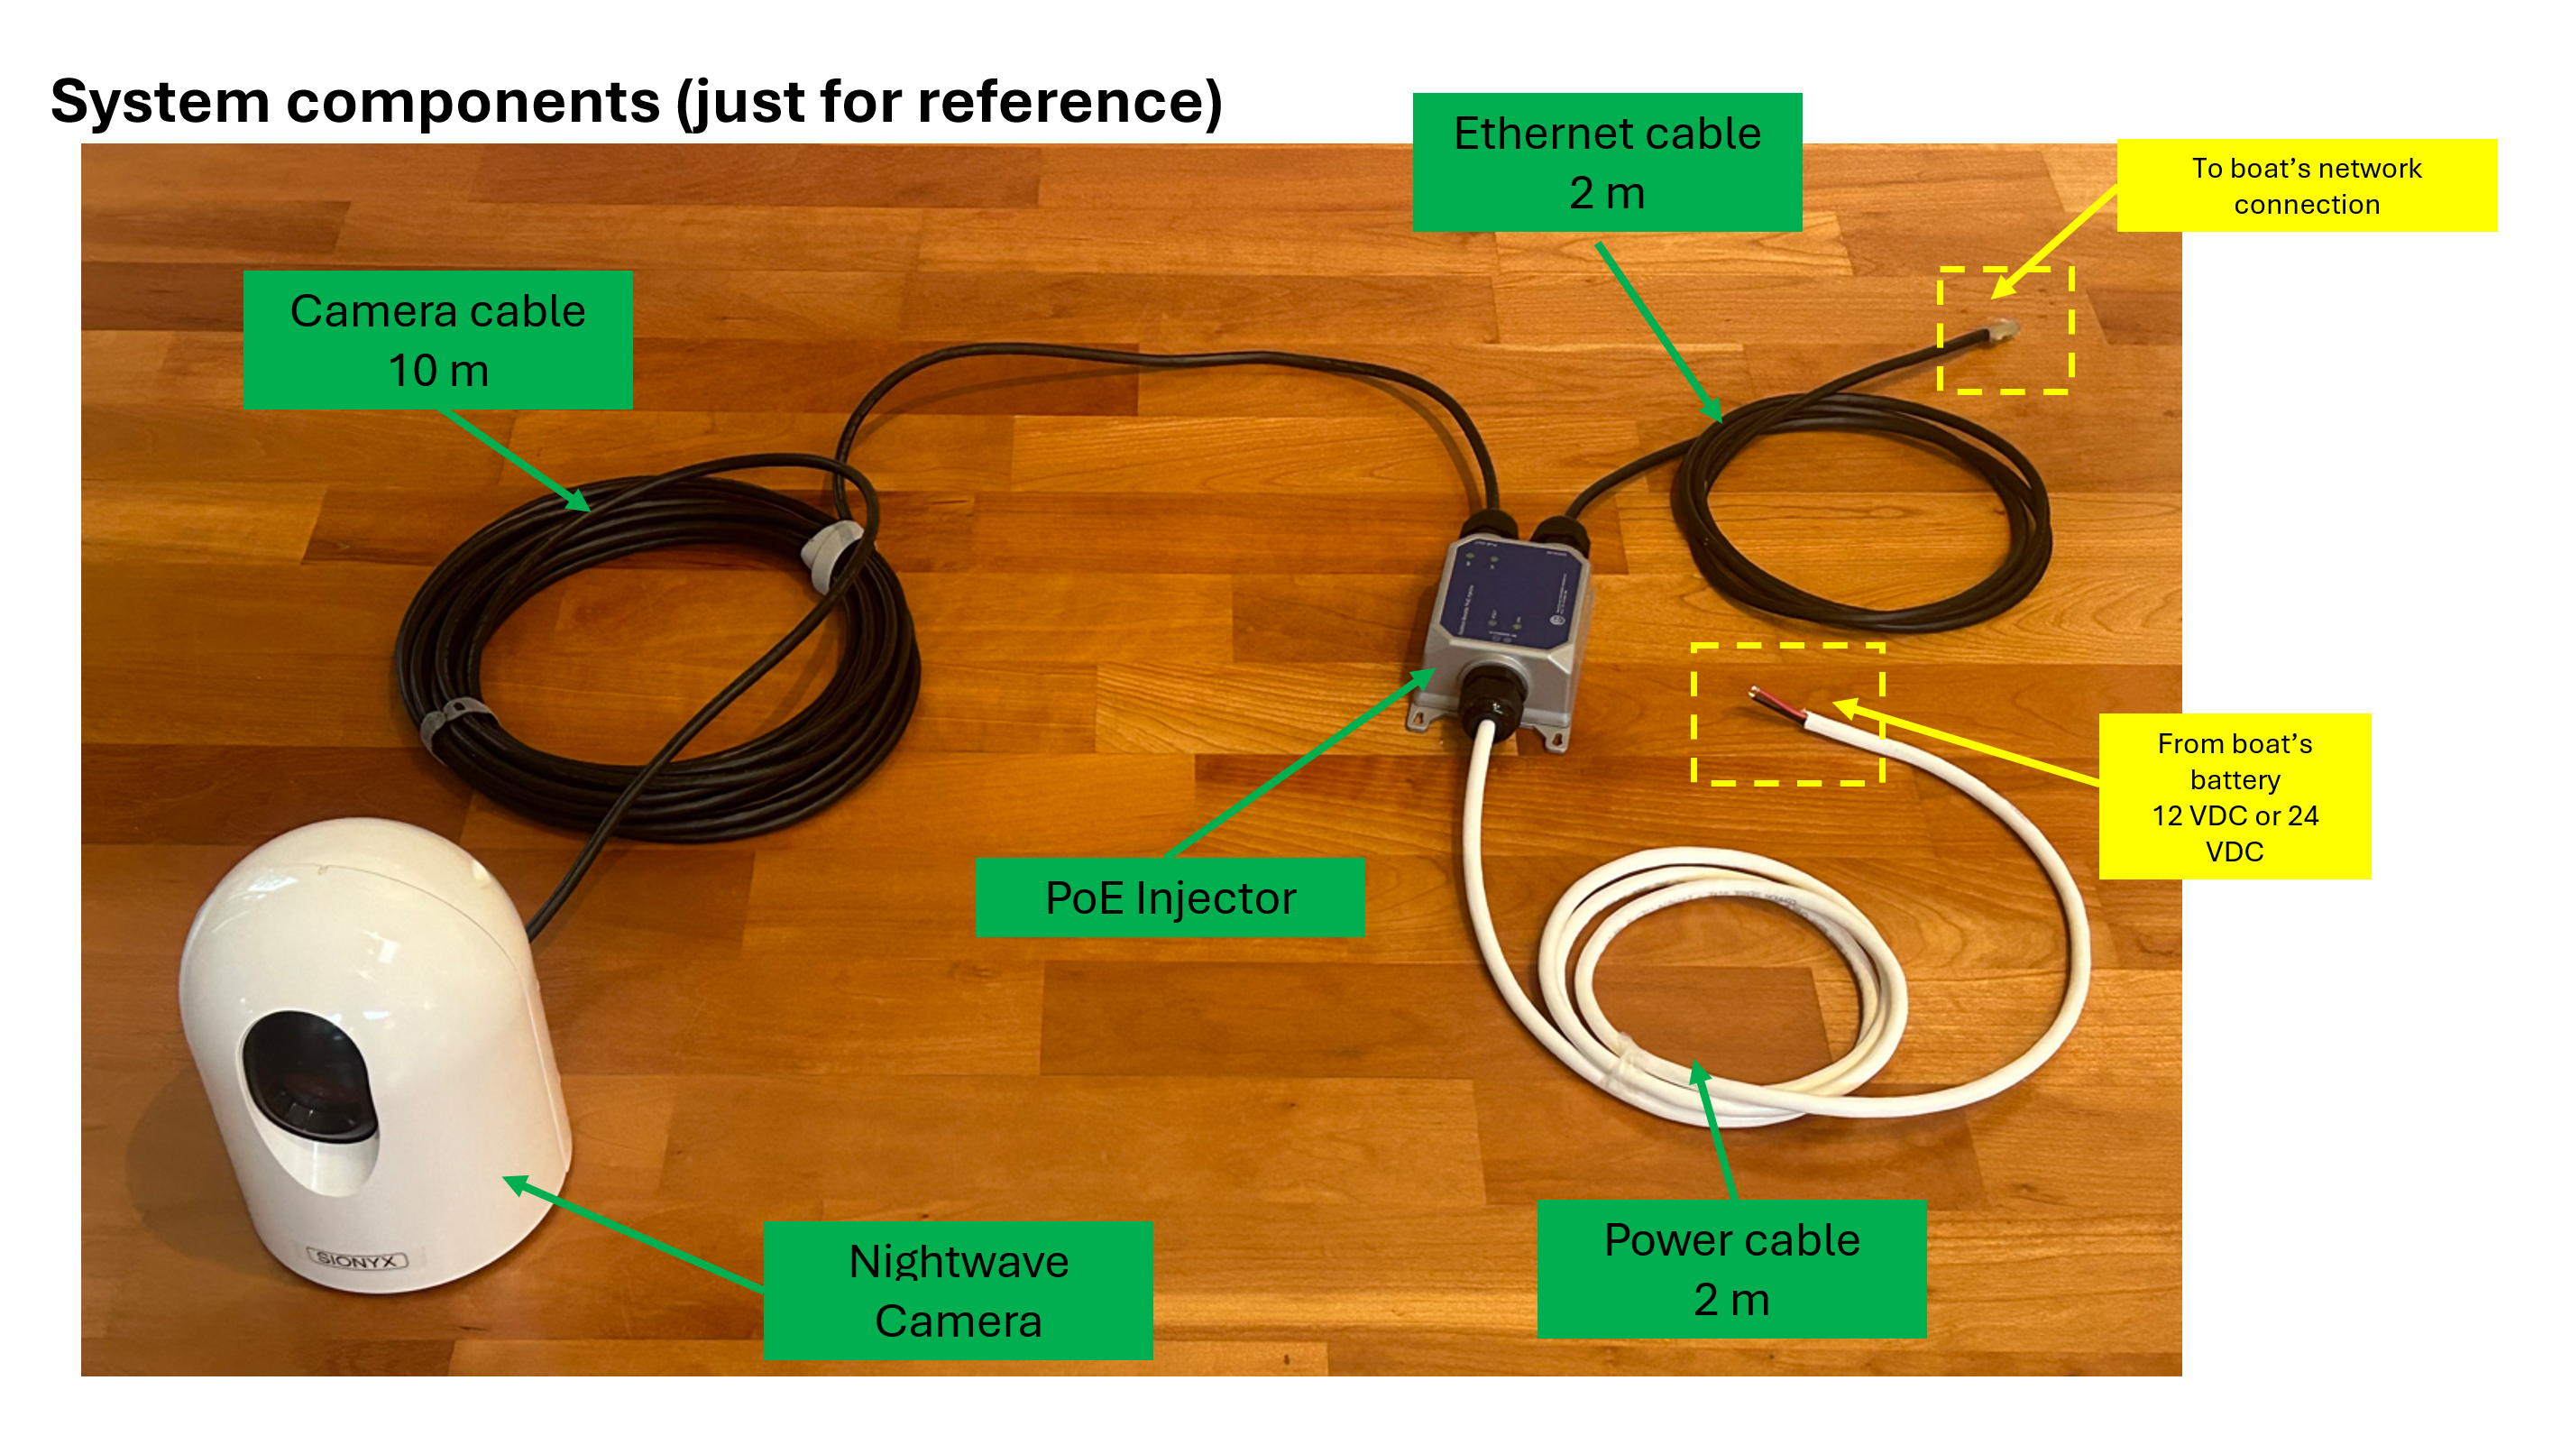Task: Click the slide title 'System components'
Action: coord(636,102)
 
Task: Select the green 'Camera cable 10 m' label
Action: coord(437,340)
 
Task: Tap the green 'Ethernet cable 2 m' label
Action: coord(1606,162)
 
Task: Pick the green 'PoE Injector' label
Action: coord(1170,898)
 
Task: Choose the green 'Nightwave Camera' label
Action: coord(958,1291)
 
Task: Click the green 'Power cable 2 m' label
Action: coord(1731,1269)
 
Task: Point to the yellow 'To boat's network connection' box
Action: coord(2306,187)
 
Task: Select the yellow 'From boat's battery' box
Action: coord(2234,796)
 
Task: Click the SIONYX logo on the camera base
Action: coord(357,1259)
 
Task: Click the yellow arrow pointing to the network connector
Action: coord(2055,243)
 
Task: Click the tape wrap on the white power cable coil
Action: coord(1621,1063)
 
